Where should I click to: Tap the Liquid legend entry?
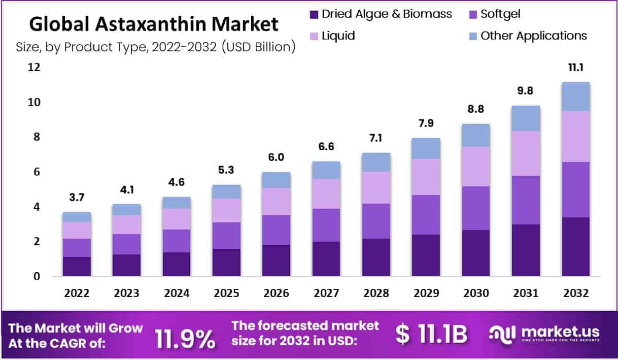pos(338,36)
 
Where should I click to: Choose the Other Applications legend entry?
pos(533,36)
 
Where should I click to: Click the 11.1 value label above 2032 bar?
pos(575,68)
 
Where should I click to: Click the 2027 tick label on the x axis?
pos(326,293)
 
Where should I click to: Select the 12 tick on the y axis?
pos(35,67)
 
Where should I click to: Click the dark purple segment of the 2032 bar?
pos(575,247)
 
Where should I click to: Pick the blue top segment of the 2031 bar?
pos(526,118)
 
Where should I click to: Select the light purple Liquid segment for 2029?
pos(426,177)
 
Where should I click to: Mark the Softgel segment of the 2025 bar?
pos(226,236)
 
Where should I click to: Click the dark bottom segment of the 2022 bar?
pos(77,267)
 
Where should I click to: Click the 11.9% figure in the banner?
pos(185,339)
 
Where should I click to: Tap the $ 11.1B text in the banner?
pos(431,336)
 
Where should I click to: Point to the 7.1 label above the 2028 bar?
pos(376,139)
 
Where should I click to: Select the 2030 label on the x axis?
pos(476,293)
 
